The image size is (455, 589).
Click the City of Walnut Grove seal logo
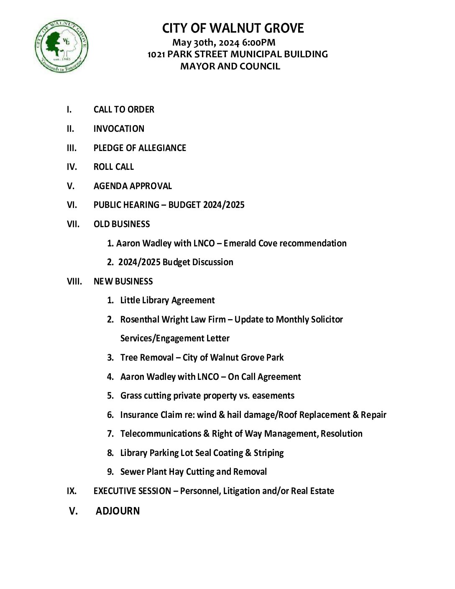(61, 46)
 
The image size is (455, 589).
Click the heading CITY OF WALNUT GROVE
(233, 28)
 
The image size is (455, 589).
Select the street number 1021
(156, 54)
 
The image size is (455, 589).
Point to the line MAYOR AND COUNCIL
(230, 66)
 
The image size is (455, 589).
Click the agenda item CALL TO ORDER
(124, 110)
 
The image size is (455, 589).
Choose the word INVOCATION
(119, 129)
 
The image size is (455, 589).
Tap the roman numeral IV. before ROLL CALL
(72, 167)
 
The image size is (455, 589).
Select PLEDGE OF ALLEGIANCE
(140, 148)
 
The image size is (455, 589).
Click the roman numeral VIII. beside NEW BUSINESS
(74, 282)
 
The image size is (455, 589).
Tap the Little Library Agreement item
(167, 300)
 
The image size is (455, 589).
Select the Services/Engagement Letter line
(175, 338)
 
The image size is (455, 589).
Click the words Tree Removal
(147, 358)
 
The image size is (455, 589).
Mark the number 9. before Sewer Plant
(110, 472)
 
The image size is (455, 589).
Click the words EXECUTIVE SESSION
(132, 491)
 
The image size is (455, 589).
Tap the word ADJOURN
(118, 511)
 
